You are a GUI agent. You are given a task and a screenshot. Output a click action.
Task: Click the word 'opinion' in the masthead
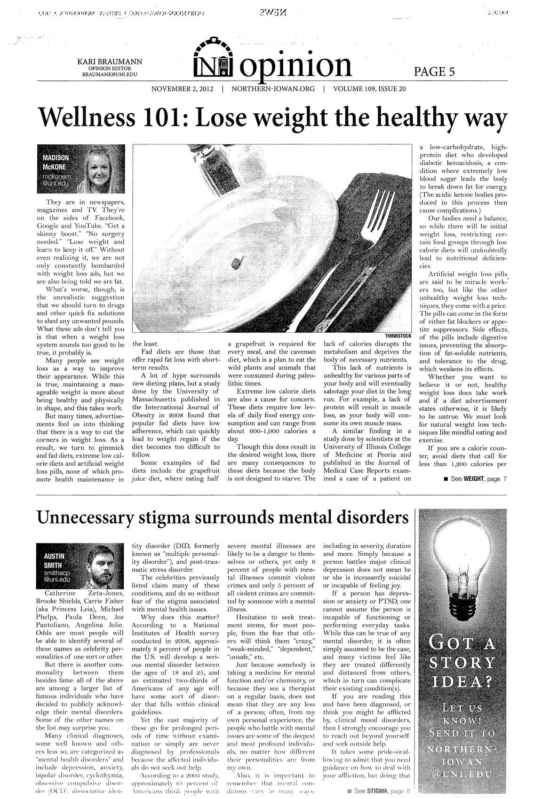296,65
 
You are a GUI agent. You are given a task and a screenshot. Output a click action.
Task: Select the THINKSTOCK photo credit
398,336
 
